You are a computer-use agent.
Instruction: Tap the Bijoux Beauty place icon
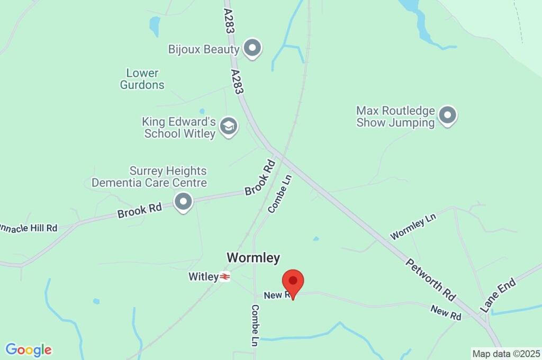[252, 49]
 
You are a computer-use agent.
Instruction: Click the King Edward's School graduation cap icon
[229, 127]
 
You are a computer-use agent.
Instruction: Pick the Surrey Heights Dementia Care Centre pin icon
[183, 202]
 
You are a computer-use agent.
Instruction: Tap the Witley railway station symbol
[225, 276]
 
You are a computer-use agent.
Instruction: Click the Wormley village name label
[253, 258]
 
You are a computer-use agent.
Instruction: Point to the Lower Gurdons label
[142, 79]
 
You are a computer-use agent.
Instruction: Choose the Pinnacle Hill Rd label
[29, 228]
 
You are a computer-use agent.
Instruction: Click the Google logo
[29, 349]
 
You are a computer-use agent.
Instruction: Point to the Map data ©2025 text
[506, 353]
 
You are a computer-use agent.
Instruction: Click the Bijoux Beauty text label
[204, 49]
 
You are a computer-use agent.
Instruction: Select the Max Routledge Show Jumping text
[395, 116]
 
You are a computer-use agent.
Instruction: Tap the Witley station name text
[203, 276]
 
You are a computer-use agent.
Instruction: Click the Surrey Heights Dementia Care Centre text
[149, 177]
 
